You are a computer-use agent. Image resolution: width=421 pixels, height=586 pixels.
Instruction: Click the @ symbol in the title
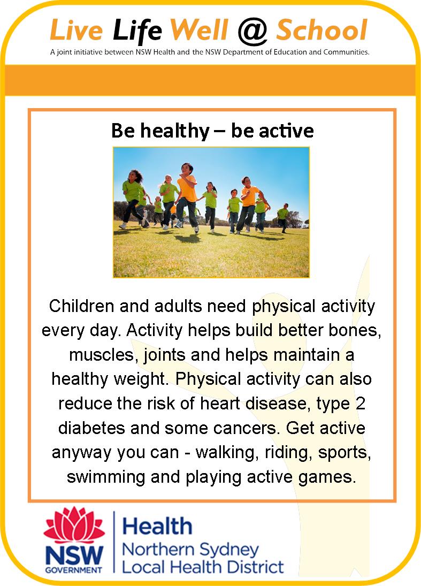(252, 31)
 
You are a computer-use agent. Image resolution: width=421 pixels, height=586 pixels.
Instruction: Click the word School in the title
(322, 30)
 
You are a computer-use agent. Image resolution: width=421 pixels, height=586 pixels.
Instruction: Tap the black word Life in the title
(137, 31)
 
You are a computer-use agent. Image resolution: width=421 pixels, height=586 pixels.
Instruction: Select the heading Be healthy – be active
(212, 131)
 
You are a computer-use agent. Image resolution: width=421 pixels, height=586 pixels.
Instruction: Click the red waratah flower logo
(74, 524)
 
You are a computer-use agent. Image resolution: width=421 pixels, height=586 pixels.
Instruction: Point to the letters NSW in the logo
(74, 555)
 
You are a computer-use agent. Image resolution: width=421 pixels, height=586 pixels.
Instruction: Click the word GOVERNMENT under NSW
(74, 570)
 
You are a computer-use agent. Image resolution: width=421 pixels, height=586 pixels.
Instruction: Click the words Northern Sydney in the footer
(190, 550)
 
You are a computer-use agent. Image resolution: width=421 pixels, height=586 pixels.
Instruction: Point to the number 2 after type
(360, 404)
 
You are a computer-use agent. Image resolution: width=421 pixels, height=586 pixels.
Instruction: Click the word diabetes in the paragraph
(91, 428)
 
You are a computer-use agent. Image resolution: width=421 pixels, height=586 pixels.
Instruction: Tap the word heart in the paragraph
(220, 404)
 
